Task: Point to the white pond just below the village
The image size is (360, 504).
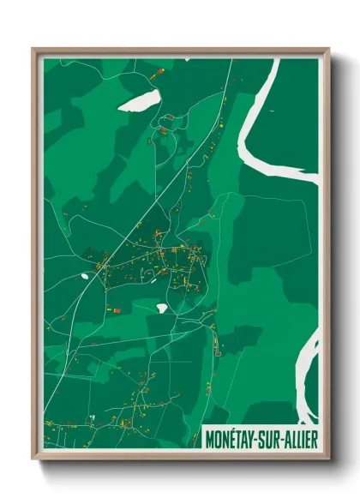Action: click(162, 307)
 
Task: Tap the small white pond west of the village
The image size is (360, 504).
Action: click(84, 276)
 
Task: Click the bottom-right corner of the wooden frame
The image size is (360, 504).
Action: click(328, 459)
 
